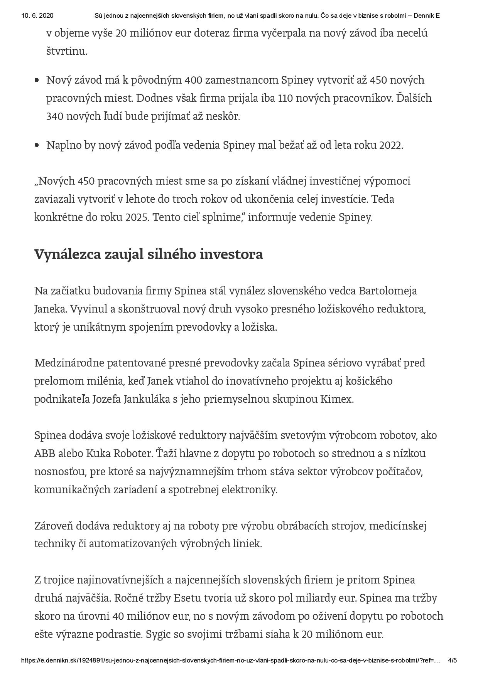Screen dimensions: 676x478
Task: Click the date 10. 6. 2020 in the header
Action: tap(37, 16)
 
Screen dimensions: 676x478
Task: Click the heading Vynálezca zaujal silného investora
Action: tap(149, 254)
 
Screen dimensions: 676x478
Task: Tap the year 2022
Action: tap(390, 145)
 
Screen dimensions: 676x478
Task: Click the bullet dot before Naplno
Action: tap(37, 145)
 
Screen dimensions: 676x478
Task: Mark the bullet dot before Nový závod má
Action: tap(37, 80)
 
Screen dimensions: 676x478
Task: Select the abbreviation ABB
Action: tap(45, 453)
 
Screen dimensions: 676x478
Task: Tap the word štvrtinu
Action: tap(67, 51)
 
